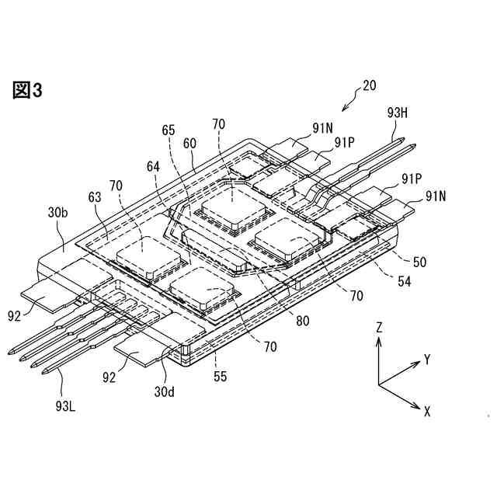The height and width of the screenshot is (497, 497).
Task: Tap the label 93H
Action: coord(398,113)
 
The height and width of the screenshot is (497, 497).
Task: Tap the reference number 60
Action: coord(190,144)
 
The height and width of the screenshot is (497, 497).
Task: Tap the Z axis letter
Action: coord(378,328)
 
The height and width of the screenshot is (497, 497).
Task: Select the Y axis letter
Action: coord(426,359)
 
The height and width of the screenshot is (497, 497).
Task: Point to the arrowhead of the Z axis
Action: coord(378,343)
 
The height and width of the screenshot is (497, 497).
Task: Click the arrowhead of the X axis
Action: coord(417,404)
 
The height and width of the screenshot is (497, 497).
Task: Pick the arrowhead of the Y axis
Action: coord(416,365)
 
